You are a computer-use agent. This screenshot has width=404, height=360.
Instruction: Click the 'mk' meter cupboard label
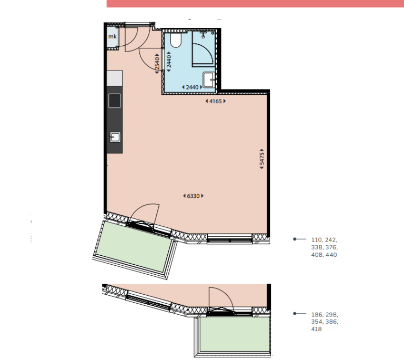(x=113, y=37)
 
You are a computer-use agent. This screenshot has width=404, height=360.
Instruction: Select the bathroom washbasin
(x=209, y=79)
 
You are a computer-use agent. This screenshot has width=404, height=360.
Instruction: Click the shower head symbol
(x=203, y=35)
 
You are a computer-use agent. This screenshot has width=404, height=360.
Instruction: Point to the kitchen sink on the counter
(x=115, y=137)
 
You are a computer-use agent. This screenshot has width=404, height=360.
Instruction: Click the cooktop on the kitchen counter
(x=115, y=101)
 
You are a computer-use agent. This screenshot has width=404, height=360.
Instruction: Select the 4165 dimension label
(x=215, y=101)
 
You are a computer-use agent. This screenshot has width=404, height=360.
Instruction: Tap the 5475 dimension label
(x=262, y=159)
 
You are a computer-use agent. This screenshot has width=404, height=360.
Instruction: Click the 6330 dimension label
(x=193, y=196)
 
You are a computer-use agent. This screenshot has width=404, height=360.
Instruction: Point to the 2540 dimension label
(x=157, y=64)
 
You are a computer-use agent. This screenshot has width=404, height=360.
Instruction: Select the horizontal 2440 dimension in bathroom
(x=192, y=87)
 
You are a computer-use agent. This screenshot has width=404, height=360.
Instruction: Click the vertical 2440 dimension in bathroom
(x=169, y=62)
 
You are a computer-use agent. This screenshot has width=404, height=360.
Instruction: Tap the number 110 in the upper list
(x=316, y=240)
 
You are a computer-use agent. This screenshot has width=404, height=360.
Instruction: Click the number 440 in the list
(x=331, y=255)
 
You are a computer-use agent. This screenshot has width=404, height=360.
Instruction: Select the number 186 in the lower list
(x=317, y=315)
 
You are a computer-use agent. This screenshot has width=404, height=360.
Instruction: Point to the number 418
(x=316, y=329)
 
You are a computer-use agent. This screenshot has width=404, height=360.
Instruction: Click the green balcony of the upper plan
(x=134, y=246)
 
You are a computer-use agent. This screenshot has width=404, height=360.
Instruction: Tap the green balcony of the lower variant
(x=235, y=334)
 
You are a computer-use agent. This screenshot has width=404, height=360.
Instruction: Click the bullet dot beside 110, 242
(x=295, y=239)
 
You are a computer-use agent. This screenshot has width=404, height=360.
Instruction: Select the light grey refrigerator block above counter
(x=115, y=78)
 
